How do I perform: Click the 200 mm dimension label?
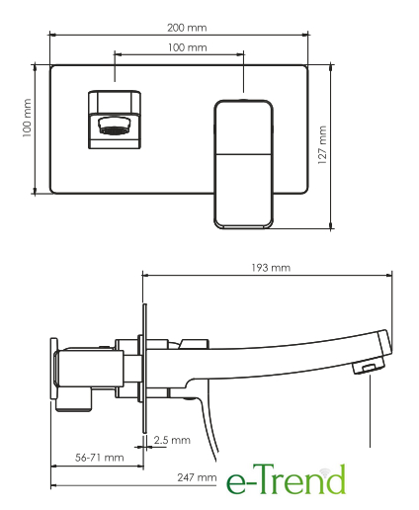tap(187, 28)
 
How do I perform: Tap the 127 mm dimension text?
tap(322, 145)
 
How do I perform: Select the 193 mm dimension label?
tap(271, 268)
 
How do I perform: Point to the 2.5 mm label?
tap(172, 440)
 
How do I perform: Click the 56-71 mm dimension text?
tap(100, 458)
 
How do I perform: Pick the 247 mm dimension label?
tap(197, 477)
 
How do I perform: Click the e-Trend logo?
tap(286, 479)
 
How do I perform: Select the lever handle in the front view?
tap(243, 164)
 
